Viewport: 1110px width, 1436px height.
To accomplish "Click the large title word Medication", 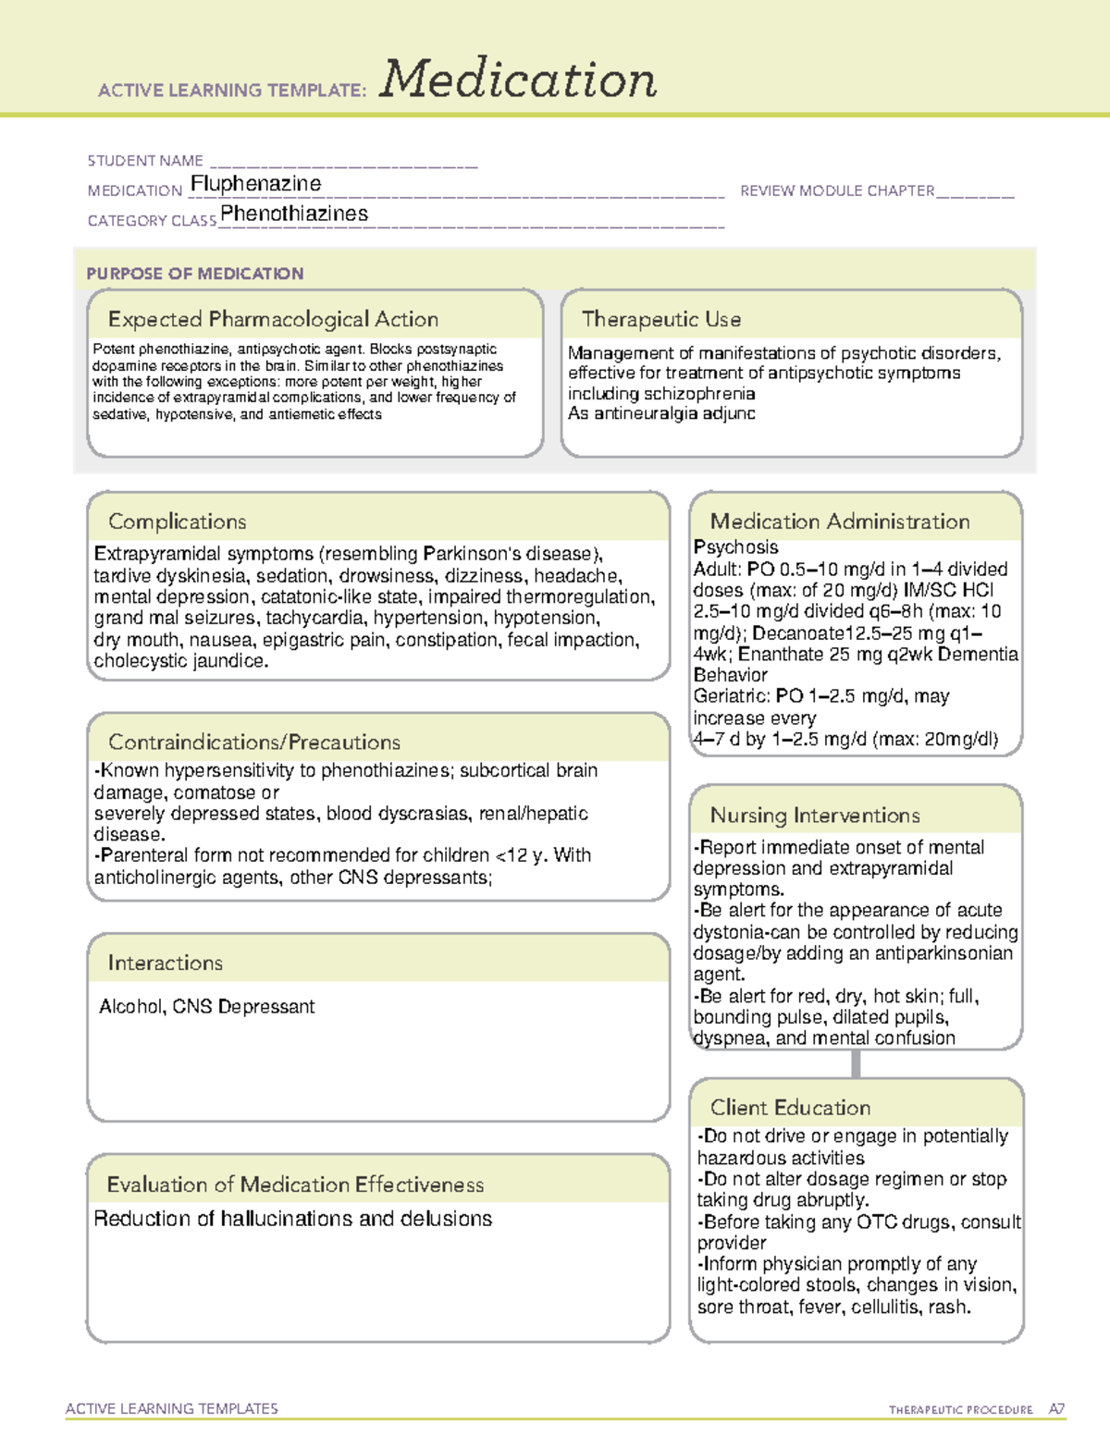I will pyautogui.click(x=518, y=80).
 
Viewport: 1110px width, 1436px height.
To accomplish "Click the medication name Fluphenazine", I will pyautogui.click(x=256, y=184).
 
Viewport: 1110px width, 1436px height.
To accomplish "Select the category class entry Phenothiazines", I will pyautogui.click(x=294, y=214).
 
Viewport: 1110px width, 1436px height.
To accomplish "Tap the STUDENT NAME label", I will pyautogui.click(x=145, y=161).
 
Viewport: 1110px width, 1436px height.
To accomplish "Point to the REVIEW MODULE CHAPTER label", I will pyautogui.click(x=837, y=190).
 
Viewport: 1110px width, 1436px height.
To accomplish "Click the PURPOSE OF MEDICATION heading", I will pyautogui.click(x=195, y=274).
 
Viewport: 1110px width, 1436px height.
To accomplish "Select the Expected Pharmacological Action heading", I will pyautogui.click(x=273, y=319).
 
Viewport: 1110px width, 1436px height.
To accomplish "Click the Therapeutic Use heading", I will pyautogui.click(x=661, y=319).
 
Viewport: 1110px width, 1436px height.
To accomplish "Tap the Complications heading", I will pyautogui.click(x=178, y=522).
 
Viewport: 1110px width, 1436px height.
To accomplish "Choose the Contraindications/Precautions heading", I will pyautogui.click(x=254, y=742).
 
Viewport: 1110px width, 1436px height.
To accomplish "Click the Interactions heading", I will pyautogui.click(x=166, y=963).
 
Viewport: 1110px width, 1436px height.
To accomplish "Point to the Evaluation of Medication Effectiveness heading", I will pyautogui.click(x=295, y=1184).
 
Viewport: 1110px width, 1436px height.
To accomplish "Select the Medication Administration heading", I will pyautogui.click(x=840, y=522).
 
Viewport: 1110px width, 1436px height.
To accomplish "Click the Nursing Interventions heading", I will pyautogui.click(x=815, y=815).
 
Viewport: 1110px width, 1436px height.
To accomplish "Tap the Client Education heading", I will pyautogui.click(x=791, y=1108).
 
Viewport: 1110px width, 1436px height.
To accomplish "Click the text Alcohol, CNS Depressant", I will pyautogui.click(x=207, y=1006).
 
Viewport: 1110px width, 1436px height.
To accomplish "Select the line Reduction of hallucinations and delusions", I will pyautogui.click(x=293, y=1219).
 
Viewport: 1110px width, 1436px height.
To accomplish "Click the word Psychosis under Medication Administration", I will pyautogui.click(x=736, y=547).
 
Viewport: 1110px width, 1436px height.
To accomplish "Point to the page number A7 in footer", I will pyautogui.click(x=1056, y=1409).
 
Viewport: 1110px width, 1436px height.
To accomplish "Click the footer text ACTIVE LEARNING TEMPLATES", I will pyautogui.click(x=172, y=1408).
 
